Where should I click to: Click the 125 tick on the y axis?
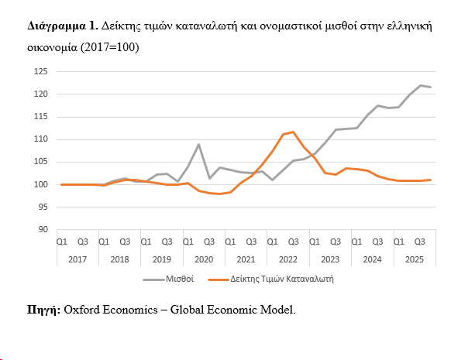[x=41, y=72]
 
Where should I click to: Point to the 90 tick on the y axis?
[x=43, y=230]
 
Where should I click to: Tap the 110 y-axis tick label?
[x=41, y=139]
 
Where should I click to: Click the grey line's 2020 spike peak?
[x=198, y=144]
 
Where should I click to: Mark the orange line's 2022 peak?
[x=292, y=132]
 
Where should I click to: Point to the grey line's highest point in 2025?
[x=420, y=85]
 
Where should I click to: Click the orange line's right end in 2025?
[x=431, y=180]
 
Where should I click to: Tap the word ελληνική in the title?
[x=404, y=27]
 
